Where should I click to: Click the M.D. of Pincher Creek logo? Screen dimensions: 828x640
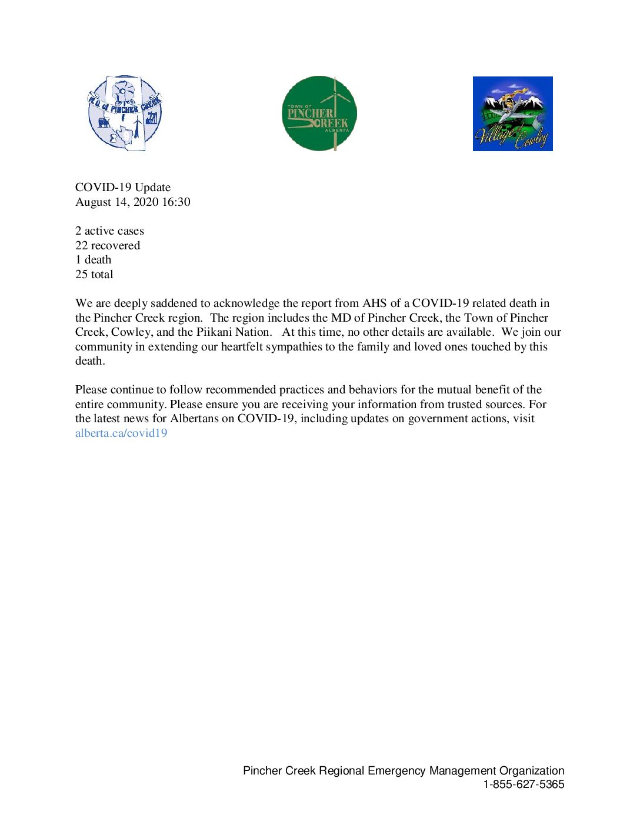coord(125,113)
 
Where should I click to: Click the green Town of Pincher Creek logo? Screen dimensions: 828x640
coord(319,113)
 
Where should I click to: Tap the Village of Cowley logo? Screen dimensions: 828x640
coord(512,113)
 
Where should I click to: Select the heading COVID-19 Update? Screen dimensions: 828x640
coord(123,188)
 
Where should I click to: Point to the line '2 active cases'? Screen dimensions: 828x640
coord(109,231)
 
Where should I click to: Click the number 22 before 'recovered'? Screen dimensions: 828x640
coord(81,246)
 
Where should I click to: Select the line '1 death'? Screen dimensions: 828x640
coord(93,260)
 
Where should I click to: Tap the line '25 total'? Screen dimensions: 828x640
coord(94,275)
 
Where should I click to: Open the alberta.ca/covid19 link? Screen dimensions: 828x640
coord(121,433)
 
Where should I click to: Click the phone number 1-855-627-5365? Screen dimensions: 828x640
coord(524,784)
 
